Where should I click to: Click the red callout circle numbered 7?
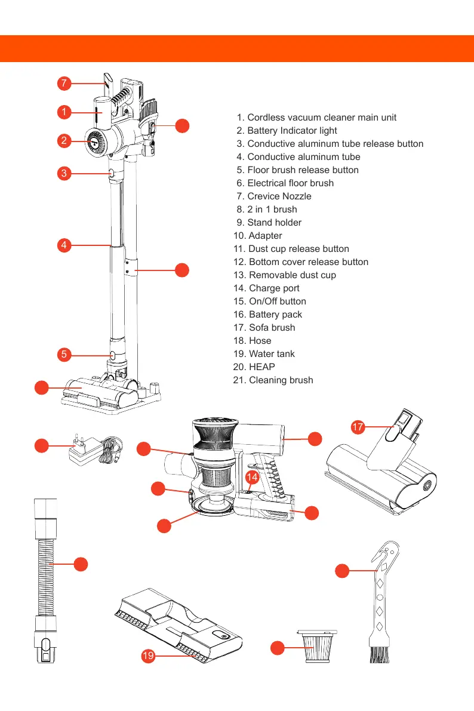pyautogui.click(x=64, y=83)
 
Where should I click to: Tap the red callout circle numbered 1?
pyautogui.click(x=64, y=112)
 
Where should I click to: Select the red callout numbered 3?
pyautogui.click(x=64, y=174)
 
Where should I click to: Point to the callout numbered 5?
pyautogui.click(x=64, y=355)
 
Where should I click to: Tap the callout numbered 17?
pyautogui.click(x=358, y=427)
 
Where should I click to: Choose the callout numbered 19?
pyautogui.click(x=149, y=657)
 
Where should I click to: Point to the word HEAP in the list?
pyautogui.click(x=261, y=367)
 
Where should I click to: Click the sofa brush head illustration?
pyautogui.click(x=382, y=478)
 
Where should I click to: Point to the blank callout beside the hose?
pyautogui.click(x=81, y=564)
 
